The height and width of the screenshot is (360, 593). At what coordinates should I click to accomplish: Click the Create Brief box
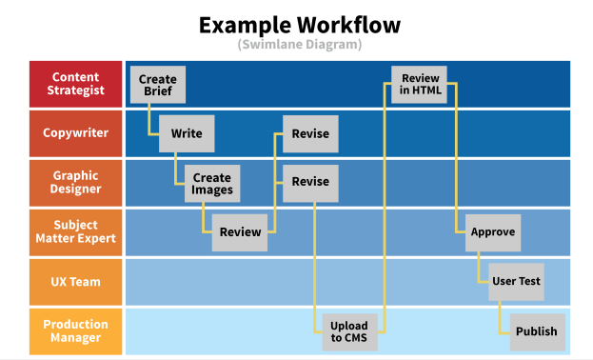click(x=157, y=84)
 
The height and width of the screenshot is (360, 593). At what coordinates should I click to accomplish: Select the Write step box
click(x=187, y=133)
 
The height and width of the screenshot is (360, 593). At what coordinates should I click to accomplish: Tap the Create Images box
click(x=211, y=183)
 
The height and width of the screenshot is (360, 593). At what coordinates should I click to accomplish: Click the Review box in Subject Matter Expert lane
click(x=240, y=232)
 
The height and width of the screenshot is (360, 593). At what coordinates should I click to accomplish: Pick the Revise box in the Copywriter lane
click(x=310, y=133)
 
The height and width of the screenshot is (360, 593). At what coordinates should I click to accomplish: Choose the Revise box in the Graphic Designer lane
click(x=310, y=182)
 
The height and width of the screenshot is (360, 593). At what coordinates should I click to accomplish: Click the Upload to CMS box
click(x=349, y=331)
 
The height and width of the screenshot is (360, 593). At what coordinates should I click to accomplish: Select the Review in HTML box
click(x=420, y=84)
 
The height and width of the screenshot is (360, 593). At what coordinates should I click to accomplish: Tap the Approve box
click(x=493, y=232)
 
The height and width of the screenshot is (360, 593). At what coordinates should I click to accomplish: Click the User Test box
click(x=516, y=282)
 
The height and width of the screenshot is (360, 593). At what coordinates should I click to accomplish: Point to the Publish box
click(x=537, y=331)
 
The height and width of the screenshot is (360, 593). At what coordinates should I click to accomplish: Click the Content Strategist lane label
click(x=75, y=84)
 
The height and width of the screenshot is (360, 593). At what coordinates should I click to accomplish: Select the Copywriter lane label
click(x=75, y=133)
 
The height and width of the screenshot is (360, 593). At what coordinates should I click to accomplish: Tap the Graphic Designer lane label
click(x=75, y=183)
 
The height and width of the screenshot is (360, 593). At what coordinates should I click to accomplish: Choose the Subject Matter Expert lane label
click(x=75, y=232)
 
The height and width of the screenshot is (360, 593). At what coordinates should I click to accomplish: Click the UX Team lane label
click(x=75, y=282)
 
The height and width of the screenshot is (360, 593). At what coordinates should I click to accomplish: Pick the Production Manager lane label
click(x=75, y=331)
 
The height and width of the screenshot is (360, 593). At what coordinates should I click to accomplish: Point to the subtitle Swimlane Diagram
click(x=299, y=45)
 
